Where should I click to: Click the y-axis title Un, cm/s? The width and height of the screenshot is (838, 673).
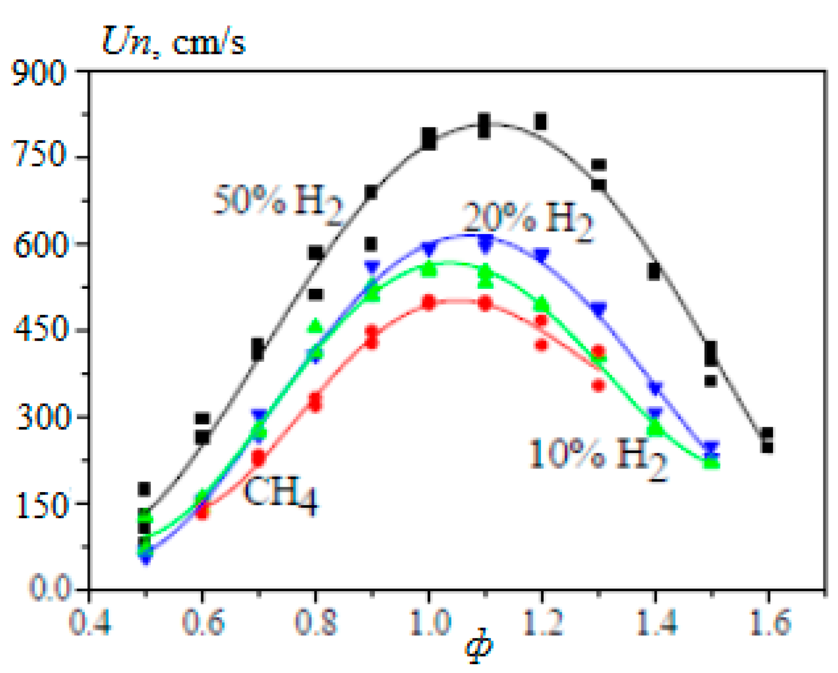click(x=173, y=42)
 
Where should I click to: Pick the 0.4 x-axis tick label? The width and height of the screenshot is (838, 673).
click(x=89, y=622)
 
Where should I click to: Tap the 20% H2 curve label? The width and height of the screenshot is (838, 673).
click(x=527, y=219)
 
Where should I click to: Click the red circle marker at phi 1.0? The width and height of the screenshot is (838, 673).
click(x=429, y=302)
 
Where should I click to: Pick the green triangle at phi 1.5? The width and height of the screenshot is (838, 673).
click(x=712, y=463)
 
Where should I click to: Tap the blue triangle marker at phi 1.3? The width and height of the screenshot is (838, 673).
click(x=599, y=309)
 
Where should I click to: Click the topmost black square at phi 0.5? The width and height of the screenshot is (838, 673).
click(x=145, y=488)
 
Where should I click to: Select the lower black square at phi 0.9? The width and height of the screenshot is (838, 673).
click(x=371, y=243)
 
